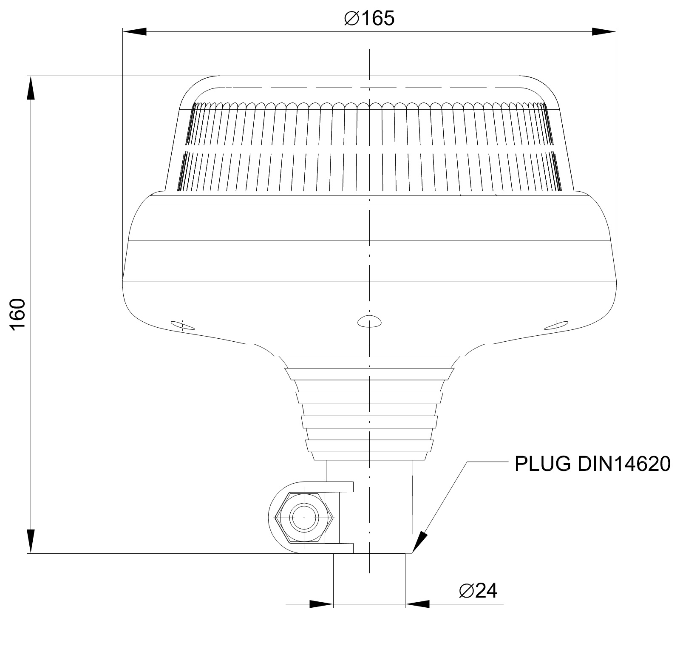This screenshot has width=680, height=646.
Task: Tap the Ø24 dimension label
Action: tap(478, 590)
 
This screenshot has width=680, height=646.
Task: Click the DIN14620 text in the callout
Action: tap(624, 464)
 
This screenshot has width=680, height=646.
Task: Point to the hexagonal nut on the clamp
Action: tap(304, 518)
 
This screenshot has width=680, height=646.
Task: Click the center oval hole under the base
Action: tap(369, 321)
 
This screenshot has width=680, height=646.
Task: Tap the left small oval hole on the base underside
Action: tap(183, 326)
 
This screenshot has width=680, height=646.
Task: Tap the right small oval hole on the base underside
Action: tap(557, 326)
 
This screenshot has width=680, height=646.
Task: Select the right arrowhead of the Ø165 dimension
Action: tap(603, 31)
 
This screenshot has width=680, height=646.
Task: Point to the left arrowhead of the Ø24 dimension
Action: tap(321, 603)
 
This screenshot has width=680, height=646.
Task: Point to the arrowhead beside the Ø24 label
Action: tap(417, 603)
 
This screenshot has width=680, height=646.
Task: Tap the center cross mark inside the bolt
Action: tap(304, 518)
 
